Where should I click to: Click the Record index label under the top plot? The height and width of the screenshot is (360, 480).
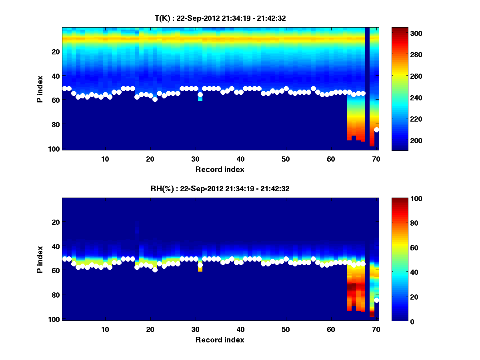click(x=220, y=169)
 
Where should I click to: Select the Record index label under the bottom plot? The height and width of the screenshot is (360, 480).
click(x=220, y=340)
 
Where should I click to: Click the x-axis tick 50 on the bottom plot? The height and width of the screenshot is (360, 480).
click(x=286, y=329)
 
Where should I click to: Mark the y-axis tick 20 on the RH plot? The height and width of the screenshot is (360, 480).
click(x=56, y=222)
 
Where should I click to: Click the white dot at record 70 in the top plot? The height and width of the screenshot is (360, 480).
click(x=376, y=130)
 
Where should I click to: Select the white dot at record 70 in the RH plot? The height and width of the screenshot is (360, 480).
click(x=376, y=300)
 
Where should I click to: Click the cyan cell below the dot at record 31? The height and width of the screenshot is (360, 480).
click(x=200, y=99)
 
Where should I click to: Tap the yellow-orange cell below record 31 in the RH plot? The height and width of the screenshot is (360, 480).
click(x=200, y=269)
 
